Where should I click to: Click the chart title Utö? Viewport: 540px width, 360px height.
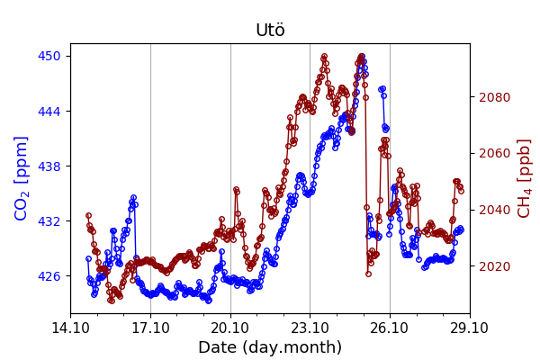(x=270, y=30)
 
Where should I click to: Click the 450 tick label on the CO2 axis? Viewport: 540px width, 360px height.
(x=49, y=56)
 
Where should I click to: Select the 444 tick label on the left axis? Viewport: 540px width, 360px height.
(x=49, y=111)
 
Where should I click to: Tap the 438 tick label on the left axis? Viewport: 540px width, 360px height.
(x=49, y=166)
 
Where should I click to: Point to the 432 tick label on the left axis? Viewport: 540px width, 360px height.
(x=49, y=221)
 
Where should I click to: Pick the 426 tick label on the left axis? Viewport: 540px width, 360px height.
(x=49, y=276)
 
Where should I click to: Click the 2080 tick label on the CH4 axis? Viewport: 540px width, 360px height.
(x=493, y=97)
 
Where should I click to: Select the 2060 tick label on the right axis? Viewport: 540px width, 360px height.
(x=493, y=153)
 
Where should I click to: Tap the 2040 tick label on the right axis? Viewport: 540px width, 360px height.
(x=493, y=210)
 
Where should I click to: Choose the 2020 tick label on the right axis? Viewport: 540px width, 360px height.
(x=493, y=266)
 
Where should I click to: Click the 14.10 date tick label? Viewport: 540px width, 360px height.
(x=70, y=328)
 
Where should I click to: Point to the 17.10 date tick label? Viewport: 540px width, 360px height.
(x=150, y=328)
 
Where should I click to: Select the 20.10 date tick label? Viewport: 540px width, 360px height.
(x=230, y=328)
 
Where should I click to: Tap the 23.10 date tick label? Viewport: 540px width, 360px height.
(x=310, y=328)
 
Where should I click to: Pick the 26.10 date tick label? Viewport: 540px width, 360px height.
(x=390, y=328)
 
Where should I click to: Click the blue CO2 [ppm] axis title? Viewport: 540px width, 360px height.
(x=22, y=178)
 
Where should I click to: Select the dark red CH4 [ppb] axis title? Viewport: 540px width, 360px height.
(x=524, y=178)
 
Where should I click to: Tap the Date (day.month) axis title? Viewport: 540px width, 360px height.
(x=270, y=347)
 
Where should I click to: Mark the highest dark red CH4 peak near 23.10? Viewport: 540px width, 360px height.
(x=324, y=57)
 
